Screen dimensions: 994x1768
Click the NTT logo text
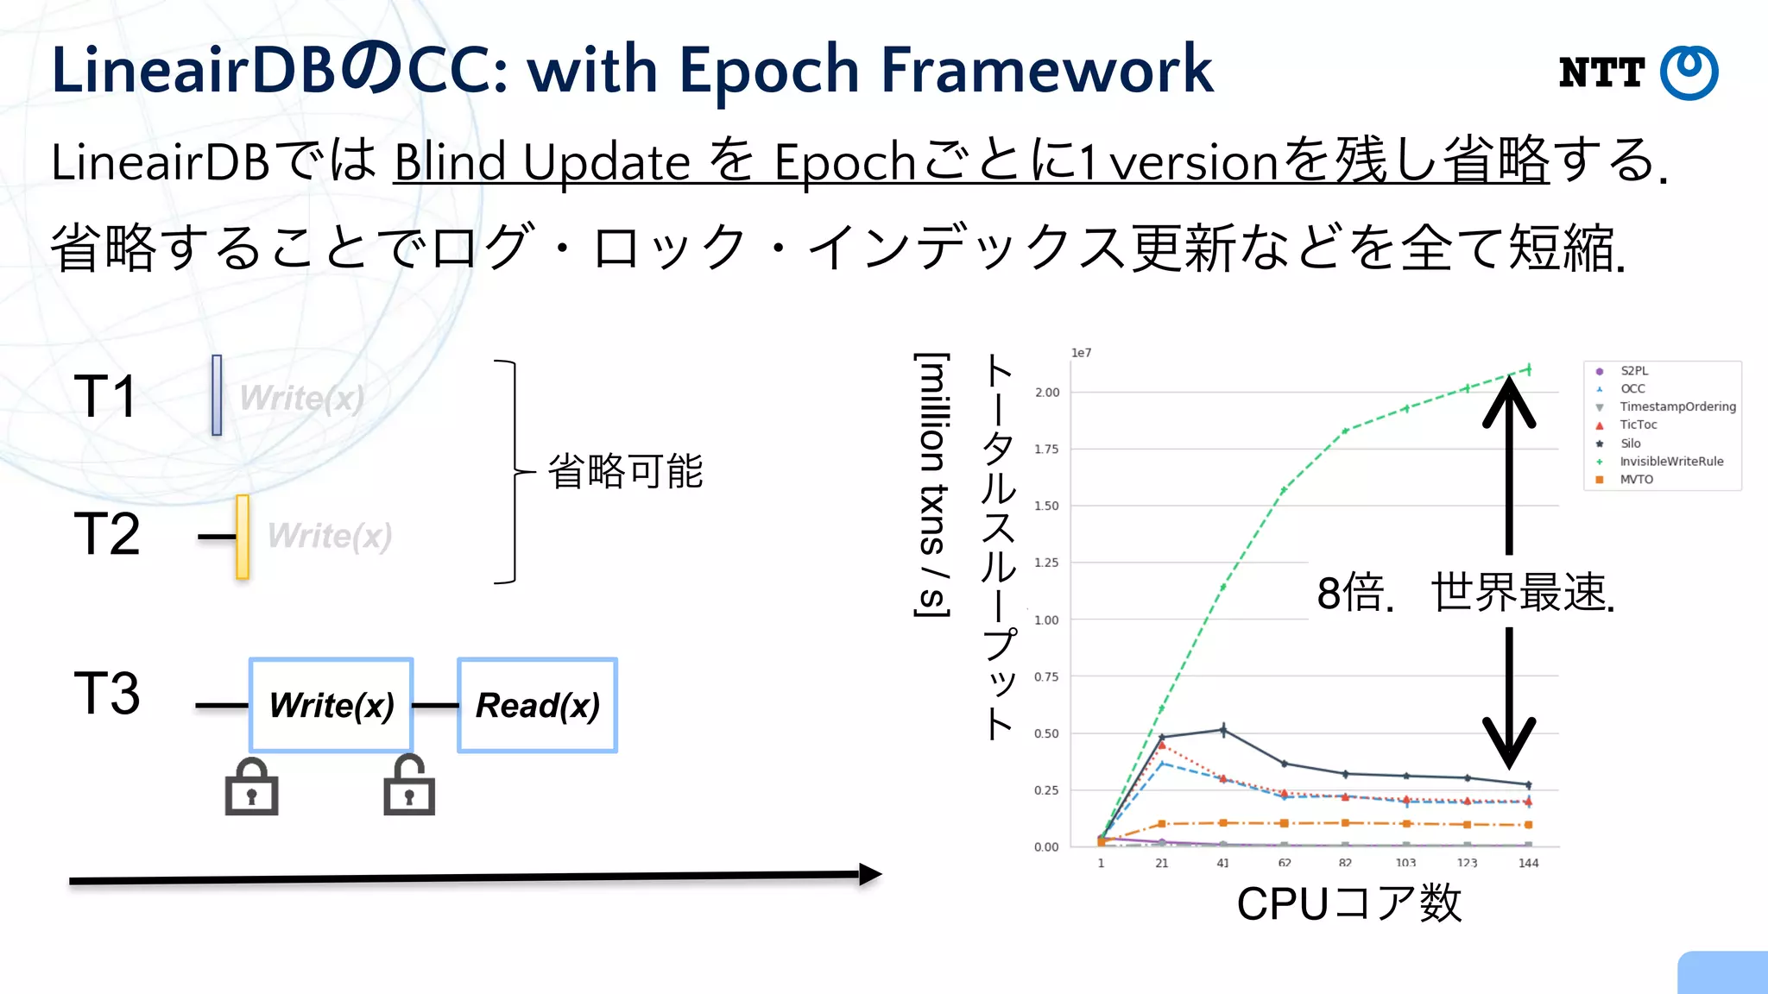click(1601, 73)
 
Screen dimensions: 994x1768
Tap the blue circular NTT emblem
click(1689, 72)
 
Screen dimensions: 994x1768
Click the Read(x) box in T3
click(537, 705)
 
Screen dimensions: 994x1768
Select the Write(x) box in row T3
click(331, 705)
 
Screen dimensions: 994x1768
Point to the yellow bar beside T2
click(243, 536)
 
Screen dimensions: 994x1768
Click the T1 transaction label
click(104, 396)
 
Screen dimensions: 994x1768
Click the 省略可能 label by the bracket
click(625, 471)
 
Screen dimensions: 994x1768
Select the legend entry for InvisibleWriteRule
click(1670, 462)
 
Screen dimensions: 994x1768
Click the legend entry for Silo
click(1630, 444)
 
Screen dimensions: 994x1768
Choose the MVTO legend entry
click(1636, 480)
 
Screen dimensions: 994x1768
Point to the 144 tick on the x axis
click(1528, 863)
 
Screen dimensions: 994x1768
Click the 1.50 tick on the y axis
click(1046, 506)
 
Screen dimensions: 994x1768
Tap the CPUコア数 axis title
click(1348, 903)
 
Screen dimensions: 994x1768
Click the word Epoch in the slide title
click(770, 71)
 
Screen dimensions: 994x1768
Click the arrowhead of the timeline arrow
click(870, 875)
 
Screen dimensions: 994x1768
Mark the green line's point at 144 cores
click(1529, 369)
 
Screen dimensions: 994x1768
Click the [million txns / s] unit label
click(932, 484)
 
